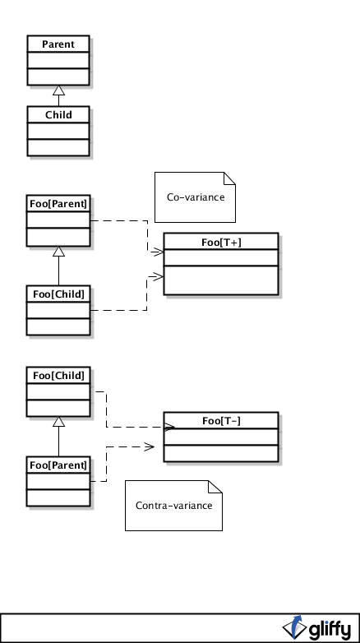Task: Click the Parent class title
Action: tap(58, 44)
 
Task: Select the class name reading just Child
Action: tap(58, 115)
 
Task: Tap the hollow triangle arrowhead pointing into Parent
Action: tap(58, 90)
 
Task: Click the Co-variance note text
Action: tap(196, 197)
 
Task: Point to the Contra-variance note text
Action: tap(174, 506)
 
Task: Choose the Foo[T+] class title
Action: tap(221, 243)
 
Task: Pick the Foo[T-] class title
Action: tap(221, 421)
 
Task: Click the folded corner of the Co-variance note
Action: tap(229, 178)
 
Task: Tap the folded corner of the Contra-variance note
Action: tap(215, 486)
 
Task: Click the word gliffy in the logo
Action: tap(330, 629)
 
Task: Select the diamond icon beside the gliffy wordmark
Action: tap(295, 627)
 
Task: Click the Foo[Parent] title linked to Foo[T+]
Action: tap(58, 204)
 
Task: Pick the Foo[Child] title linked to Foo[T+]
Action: tap(58, 294)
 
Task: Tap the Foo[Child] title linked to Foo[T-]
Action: tap(58, 376)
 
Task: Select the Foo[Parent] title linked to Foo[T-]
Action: tap(58, 465)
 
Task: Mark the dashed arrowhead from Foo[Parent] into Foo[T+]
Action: tap(158, 252)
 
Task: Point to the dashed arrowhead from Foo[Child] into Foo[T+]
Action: tap(157, 277)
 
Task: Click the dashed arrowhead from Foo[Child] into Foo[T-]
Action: tap(169, 428)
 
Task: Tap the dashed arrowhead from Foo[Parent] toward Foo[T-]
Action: tap(150, 446)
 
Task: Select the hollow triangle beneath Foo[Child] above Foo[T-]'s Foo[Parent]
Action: tap(58, 422)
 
